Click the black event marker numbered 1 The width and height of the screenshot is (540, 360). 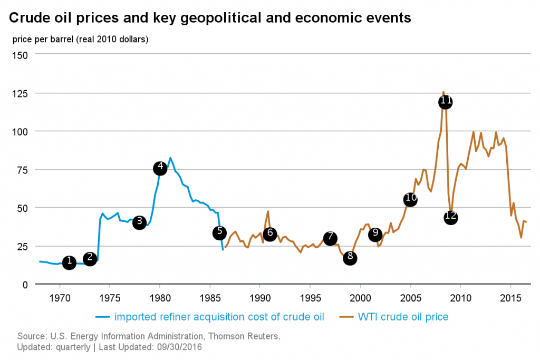69,262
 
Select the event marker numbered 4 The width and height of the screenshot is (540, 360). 160,168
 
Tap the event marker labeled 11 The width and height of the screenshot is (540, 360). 445,102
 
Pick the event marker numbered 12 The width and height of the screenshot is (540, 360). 450,218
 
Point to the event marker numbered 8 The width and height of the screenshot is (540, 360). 350,258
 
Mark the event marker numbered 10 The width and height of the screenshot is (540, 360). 410,199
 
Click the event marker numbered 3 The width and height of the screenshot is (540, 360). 139,222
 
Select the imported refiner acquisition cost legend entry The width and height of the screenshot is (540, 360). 219,317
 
